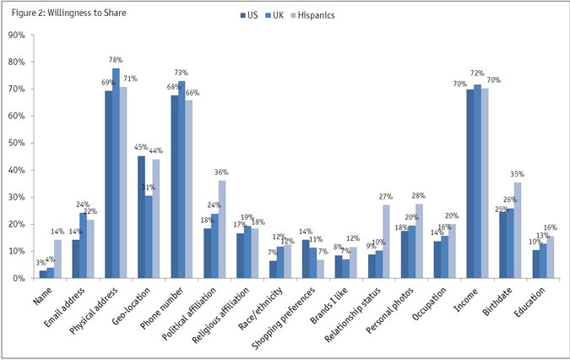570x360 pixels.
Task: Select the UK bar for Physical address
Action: pyautogui.click(x=116, y=172)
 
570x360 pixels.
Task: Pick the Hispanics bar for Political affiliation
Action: pyautogui.click(x=221, y=229)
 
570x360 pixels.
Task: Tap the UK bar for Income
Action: pyautogui.click(x=479, y=181)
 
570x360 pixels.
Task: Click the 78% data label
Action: pyautogui.click(x=116, y=60)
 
